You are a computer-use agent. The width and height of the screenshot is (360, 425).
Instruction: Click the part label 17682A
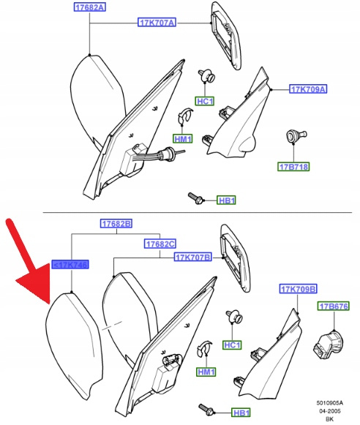pos(90,7)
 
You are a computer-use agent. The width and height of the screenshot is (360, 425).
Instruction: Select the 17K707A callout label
pos(157,22)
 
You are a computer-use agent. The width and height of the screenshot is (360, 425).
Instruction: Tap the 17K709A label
pos(308,89)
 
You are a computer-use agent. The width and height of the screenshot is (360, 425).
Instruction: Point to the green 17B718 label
pos(293,167)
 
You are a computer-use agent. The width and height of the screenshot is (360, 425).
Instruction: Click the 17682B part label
pos(116,224)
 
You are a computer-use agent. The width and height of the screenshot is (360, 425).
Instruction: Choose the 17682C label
pos(160,244)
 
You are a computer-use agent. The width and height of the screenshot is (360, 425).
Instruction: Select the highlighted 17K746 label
pos(70,265)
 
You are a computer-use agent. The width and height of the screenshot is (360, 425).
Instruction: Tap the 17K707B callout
pos(192,257)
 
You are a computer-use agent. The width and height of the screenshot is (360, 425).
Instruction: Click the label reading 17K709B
pos(299,289)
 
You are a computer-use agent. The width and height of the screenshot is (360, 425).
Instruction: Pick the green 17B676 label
pos(334,306)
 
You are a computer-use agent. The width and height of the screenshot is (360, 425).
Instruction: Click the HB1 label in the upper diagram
pos(226,200)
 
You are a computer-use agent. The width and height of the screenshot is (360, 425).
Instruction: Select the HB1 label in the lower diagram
pos(241,413)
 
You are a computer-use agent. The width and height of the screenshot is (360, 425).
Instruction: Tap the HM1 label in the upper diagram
pos(183,139)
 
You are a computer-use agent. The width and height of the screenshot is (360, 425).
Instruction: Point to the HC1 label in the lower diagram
pos(233,345)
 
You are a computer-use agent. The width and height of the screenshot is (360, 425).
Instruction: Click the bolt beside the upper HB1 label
pos(196,198)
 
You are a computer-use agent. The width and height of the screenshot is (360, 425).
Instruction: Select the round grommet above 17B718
pos(296,136)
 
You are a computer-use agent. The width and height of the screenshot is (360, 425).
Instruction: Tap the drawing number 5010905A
pos(330,403)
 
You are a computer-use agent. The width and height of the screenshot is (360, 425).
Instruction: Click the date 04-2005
pos(330,411)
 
